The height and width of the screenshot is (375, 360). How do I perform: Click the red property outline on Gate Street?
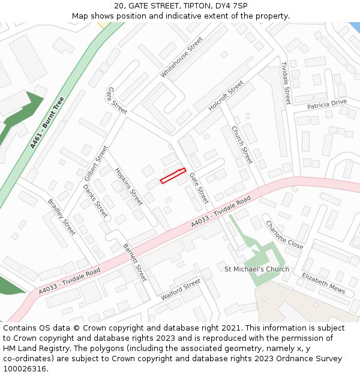click(x=173, y=176)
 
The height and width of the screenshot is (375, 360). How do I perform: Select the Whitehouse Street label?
click(x=182, y=57)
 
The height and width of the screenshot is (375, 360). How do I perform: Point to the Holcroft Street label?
click(x=226, y=96)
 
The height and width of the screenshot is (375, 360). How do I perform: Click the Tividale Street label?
click(x=286, y=83)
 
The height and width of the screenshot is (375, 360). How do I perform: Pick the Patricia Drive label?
click(x=327, y=104)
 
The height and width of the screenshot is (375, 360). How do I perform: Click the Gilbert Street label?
click(x=96, y=163)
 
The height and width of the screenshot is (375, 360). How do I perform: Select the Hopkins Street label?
click(x=128, y=186)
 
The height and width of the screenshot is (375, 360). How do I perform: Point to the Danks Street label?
click(x=95, y=200)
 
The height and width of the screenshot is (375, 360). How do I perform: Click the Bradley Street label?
click(x=61, y=217)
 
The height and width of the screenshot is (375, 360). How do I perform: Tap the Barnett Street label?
click(x=134, y=262)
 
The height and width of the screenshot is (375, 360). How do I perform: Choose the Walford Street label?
click(x=181, y=289)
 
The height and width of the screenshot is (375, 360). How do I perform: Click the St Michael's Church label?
click(x=256, y=269)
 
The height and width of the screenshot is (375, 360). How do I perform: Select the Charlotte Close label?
click(x=284, y=235)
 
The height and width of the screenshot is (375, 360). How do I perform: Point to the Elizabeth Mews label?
click(x=323, y=283)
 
